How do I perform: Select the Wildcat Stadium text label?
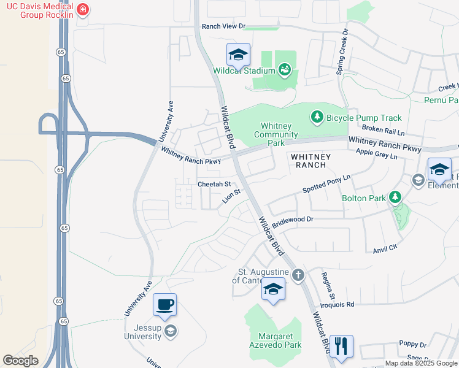[244, 71]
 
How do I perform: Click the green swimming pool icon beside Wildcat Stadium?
[284, 70]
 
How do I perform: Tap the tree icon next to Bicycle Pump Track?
[317, 117]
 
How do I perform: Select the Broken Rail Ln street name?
[384, 129]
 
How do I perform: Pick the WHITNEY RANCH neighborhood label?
[310, 161]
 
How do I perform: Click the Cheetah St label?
[214, 184]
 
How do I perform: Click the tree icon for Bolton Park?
[395, 197]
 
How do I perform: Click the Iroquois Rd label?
[338, 304]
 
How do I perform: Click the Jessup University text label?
[144, 331]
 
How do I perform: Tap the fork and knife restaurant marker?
[341, 345]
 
